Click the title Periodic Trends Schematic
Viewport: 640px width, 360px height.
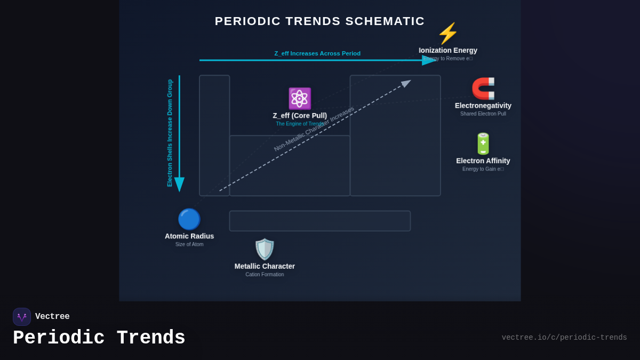coord(319,21)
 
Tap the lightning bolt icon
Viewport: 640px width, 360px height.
coord(447,34)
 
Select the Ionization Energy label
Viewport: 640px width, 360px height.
coord(448,51)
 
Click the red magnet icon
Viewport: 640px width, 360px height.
coord(483,89)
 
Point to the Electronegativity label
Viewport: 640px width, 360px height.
coord(483,106)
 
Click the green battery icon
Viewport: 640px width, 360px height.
coord(483,144)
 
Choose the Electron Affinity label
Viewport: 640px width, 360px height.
coord(483,161)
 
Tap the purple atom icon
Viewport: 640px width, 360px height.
coord(299,99)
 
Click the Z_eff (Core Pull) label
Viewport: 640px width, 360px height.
coord(300,116)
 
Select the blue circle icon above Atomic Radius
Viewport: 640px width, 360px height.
coord(189,219)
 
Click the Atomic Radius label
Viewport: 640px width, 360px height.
coord(189,236)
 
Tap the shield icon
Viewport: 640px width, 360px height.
coord(265,249)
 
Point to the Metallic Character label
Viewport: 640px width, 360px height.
coord(265,266)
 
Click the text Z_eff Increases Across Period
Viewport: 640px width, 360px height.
coord(317,53)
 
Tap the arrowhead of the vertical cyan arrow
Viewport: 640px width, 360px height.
coord(179,184)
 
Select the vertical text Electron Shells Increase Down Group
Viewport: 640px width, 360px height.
coord(170,133)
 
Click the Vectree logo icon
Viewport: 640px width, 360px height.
coord(22,317)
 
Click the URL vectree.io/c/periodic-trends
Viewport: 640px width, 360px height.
coord(564,338)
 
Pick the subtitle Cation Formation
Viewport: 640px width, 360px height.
coord(265,275)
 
